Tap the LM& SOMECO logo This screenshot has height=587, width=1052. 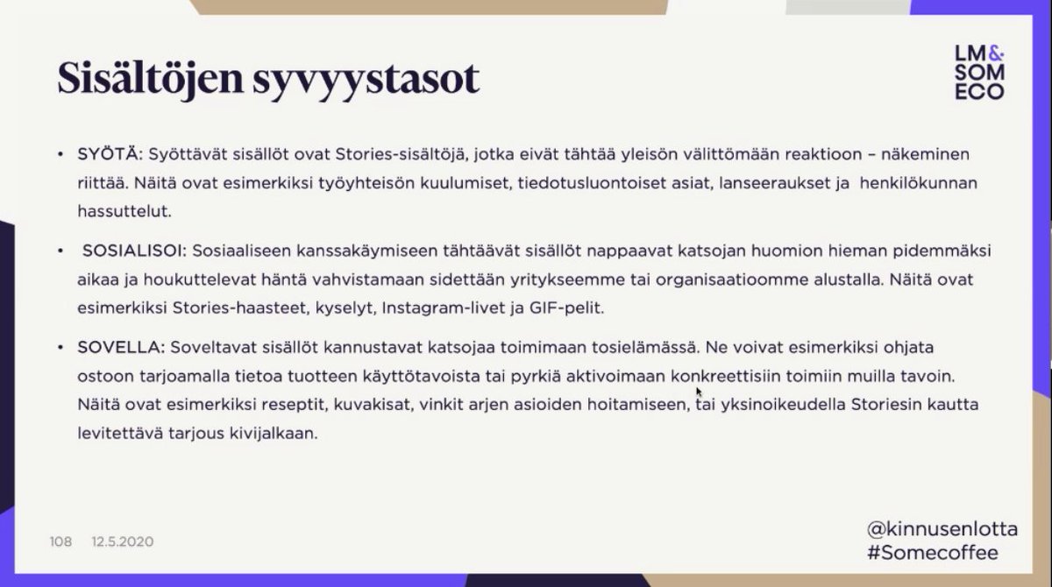coord(979,73)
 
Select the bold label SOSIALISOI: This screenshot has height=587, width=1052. coord(133,251)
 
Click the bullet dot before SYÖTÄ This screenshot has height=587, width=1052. coord(60,155)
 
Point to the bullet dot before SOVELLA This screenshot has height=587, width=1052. coord(60,348)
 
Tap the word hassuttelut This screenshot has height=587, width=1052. coord(118,211)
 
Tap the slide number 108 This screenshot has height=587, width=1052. coord(60,542)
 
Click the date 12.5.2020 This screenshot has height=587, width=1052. coord(122,542)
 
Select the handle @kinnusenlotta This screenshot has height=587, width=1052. coord(942,529)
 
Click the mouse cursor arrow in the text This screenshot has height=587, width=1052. coord(699,392)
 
